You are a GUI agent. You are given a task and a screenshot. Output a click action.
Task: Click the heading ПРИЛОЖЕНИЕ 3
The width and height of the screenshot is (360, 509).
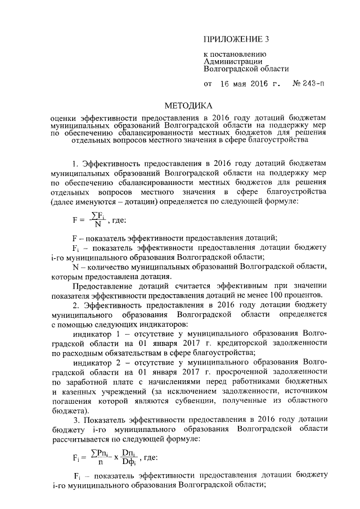click(236, 39)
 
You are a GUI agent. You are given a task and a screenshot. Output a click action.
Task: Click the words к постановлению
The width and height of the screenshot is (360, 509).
click(231, 54)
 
